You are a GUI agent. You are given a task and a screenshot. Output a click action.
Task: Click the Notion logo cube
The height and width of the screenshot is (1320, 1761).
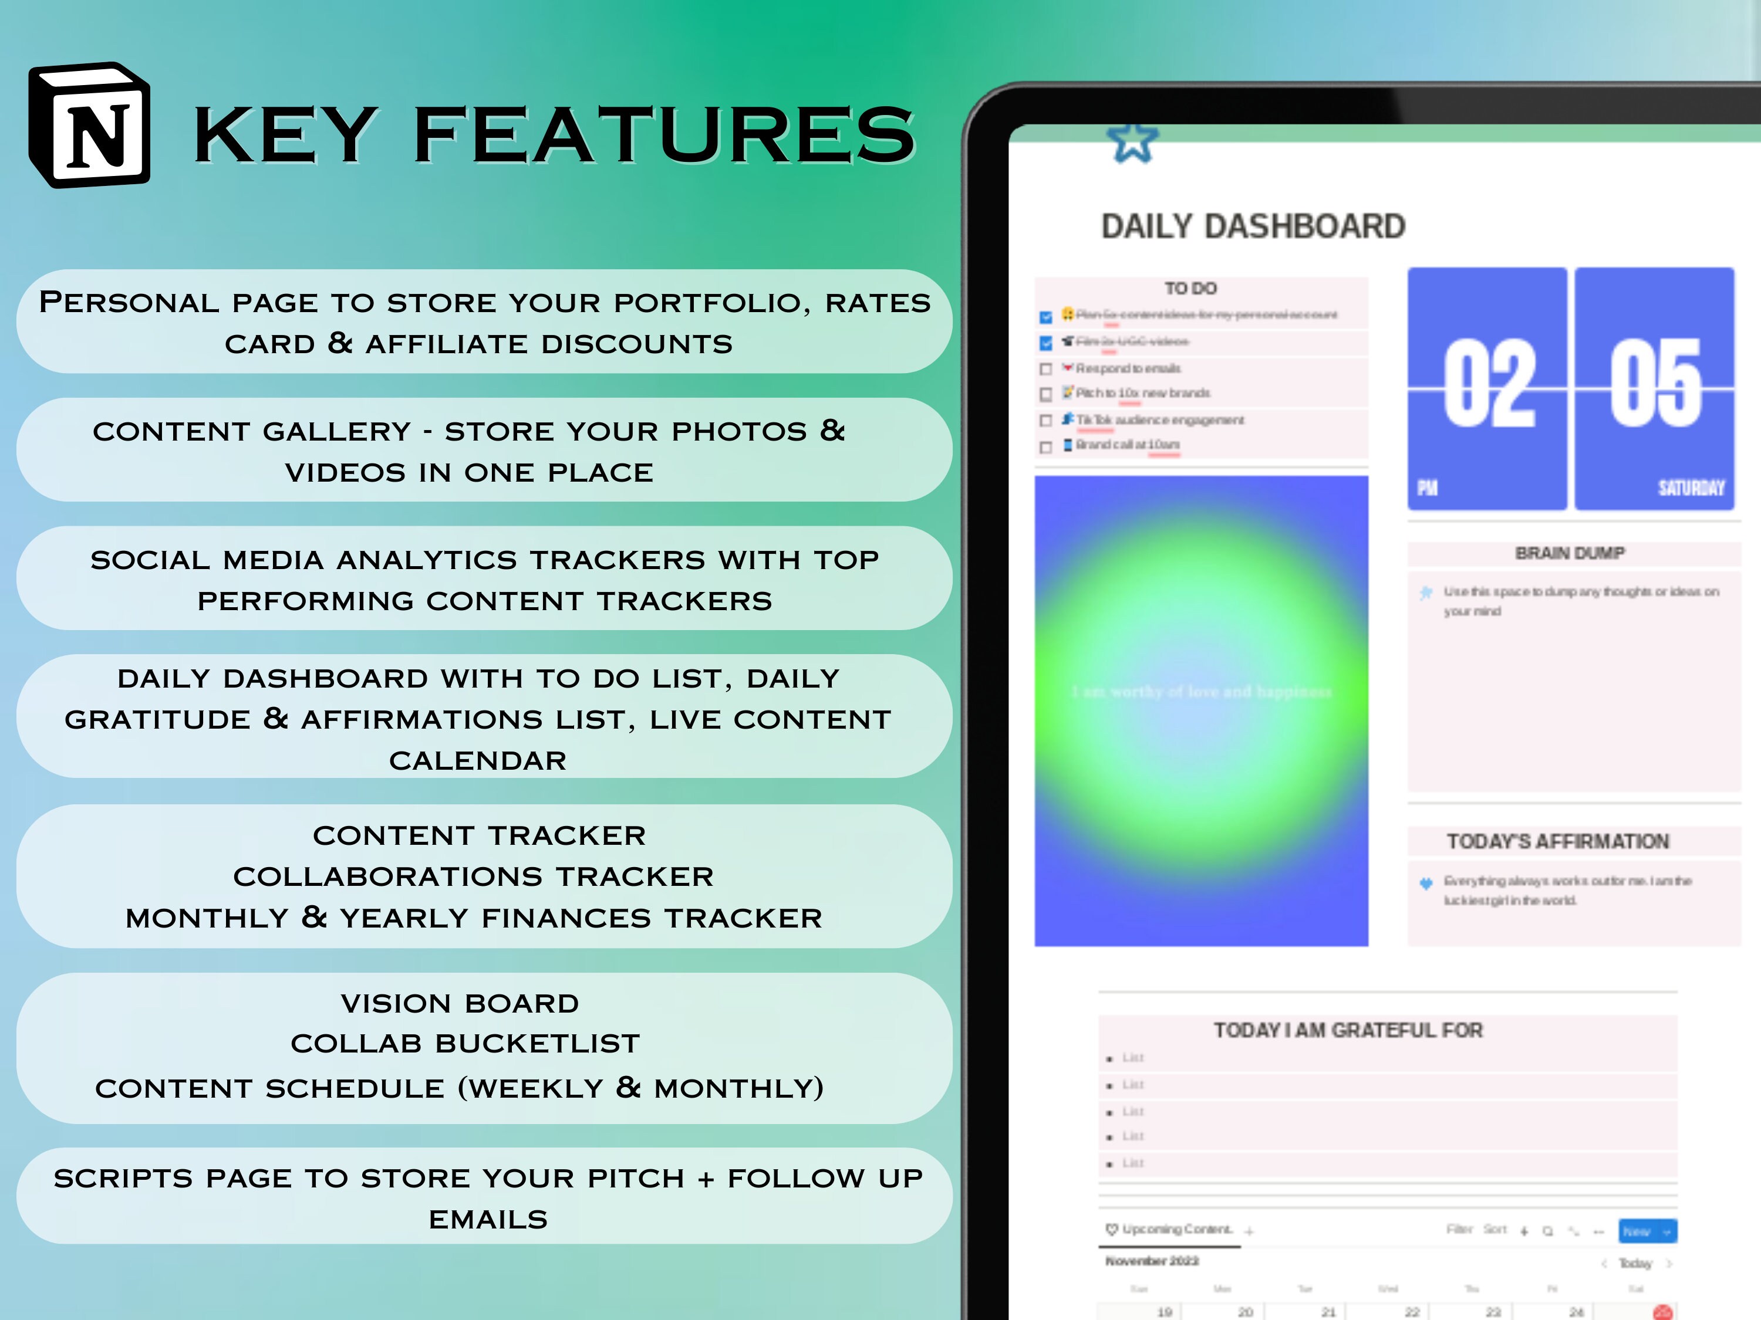pos(89,126)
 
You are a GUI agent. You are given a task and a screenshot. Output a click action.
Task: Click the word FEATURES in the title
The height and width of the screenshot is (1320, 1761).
pos(664,136)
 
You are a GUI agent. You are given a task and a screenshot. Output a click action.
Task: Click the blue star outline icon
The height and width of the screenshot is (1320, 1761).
pos(1132,143)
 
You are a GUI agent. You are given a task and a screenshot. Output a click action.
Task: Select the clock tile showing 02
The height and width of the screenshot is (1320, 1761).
pos(1486,388)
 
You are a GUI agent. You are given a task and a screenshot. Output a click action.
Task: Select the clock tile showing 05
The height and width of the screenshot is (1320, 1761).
pos(1654,388)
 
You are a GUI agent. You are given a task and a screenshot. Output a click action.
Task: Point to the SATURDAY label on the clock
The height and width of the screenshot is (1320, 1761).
pos(1691,488)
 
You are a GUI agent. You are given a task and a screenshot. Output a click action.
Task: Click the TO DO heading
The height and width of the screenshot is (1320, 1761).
pos(1191,288)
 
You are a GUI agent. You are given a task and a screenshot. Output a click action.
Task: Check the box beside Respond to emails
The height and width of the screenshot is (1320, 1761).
pos(1046,369)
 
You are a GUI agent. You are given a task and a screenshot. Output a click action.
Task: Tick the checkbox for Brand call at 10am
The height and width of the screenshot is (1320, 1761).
pos(1046,446)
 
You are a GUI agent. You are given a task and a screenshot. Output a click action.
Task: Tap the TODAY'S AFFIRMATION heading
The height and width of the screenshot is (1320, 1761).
pos(1557,841)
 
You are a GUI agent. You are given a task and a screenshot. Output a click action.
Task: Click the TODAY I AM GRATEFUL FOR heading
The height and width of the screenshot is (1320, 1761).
pos(1348,1030)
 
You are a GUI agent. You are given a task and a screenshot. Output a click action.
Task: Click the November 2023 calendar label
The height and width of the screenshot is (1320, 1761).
pos(1152,1261)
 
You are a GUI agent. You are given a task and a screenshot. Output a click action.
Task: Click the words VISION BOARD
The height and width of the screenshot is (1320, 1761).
pos(460,1003)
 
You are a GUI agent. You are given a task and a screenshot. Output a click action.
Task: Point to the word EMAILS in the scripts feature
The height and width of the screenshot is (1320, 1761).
pos(488,1219)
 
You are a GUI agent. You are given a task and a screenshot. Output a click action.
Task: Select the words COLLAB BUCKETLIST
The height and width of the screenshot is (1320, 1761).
pos(465,1043)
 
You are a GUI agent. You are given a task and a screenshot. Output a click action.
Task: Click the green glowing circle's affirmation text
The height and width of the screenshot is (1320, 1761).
pos(1202,692)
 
